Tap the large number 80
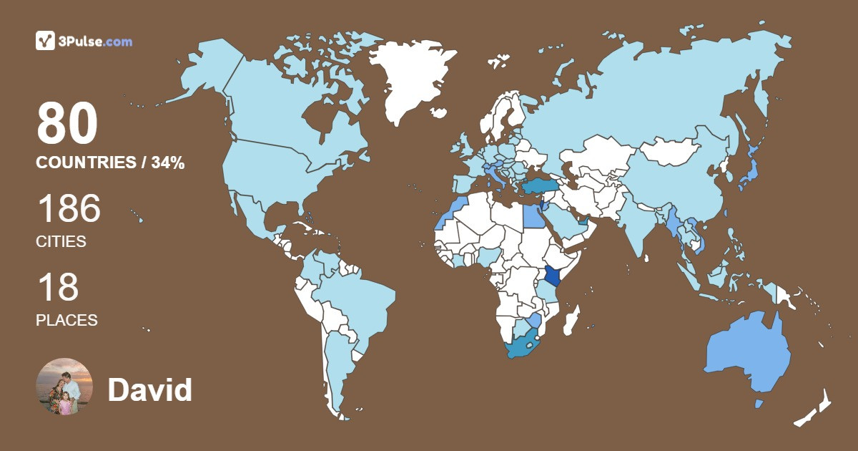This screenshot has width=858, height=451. [67, 124]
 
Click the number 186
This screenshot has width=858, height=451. [69, 209]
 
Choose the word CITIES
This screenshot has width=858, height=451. [61, 242]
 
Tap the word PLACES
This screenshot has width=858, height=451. [66, 321]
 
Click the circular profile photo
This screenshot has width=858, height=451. [64, 387]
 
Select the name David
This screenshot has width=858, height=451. [149, 390]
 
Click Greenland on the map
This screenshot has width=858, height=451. [411, 79]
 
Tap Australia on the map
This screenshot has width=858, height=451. [747, 354]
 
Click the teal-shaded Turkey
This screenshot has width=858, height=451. [540, 187]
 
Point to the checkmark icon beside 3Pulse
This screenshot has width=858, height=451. [45, 41]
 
